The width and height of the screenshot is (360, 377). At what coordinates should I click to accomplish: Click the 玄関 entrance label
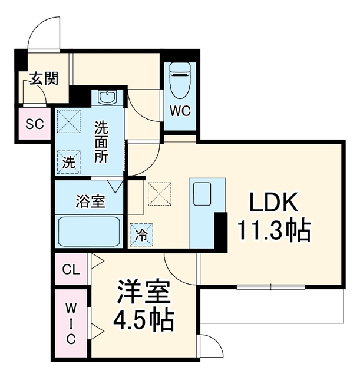pyautogui.click(x=44, y=78)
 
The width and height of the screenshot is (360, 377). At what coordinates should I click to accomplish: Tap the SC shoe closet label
pyautogui.click(x=35, y=124)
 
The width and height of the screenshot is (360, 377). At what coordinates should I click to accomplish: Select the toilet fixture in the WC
pyautogui.click(x=180, y=81)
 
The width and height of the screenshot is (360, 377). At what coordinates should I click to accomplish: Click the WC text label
pyautogui.click(x=180, y=111)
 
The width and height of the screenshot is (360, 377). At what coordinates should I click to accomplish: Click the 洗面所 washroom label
pyautogui.click(x=101, y=142)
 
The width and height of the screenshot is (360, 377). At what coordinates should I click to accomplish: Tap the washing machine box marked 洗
pyautogui.click(x=69, y=163)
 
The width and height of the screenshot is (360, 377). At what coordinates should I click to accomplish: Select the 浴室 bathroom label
pyautogui.click(x=90, y=201)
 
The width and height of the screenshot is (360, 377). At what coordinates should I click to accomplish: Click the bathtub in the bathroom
pyautogui.click(x=89, y=232)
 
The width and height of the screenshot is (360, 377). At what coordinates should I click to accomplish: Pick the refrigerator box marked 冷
pyautogui.click(x=141, y=235)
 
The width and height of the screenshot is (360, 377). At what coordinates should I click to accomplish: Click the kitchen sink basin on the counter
pyautogui.click(x=202, y=194)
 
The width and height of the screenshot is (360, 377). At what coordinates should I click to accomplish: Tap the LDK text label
pyautogui.click(x=273, y=202)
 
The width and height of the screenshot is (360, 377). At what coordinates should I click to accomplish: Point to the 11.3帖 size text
pyautogui.click(x=274, y=230)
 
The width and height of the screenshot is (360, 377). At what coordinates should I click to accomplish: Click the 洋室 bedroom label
pyautogui.click(x=144, y=292)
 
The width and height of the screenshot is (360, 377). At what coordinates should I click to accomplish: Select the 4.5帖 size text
pyautogui.click(x=144, y=320)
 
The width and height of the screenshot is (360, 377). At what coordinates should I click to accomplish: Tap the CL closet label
pyautogui.click(x=71, y=270)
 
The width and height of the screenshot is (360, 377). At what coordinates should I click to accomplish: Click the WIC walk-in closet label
pyautogui.click(x=71, y=323)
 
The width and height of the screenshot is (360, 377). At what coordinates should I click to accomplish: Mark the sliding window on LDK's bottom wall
pyautogui.click(x=271, y=287)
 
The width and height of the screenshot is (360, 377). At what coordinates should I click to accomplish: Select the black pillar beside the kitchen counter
pyautogui.click(x=221, y=232)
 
